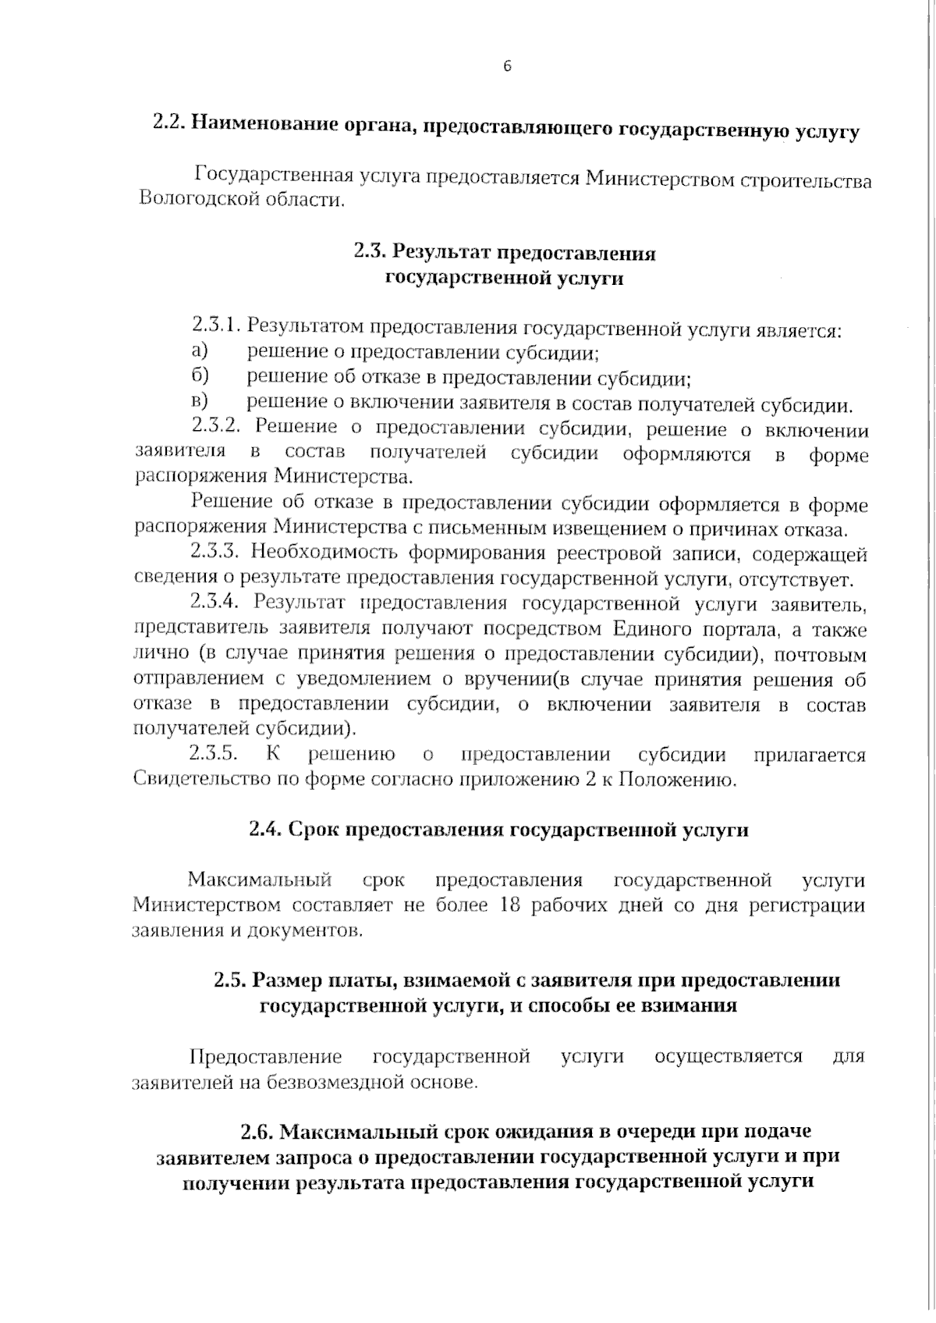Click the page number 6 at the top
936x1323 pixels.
click(x=506, y=67)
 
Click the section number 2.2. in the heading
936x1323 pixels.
click(x=169, y=125)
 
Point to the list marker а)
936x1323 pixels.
click(x=200, y=350)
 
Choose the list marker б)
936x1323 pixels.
click(x=200, y=376)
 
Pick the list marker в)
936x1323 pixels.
click(x=200, y=402)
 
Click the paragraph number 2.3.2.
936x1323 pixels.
click(x=218, y=427)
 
